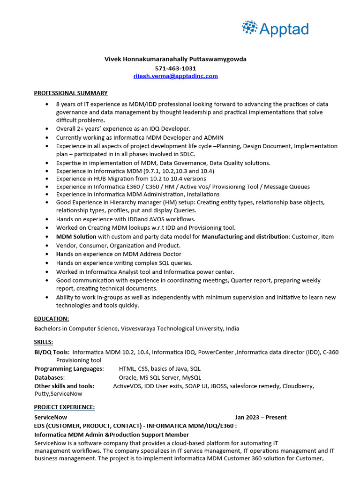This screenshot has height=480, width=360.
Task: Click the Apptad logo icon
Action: click(250, 28)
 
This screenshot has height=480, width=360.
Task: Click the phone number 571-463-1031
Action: click(175, 68)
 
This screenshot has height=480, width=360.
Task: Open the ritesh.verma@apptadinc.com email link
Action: click(175, 76)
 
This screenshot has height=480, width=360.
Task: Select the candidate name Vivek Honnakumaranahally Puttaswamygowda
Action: click(175, 59)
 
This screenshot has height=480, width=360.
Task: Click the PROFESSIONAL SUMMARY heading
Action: click(71, 93)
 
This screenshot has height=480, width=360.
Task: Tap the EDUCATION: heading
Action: click(52, 319)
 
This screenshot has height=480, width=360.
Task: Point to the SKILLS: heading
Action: click(44, 342)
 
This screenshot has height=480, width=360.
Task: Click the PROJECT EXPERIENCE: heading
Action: click(64, 407)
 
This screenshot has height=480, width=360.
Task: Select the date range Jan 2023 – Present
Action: click(261, 417)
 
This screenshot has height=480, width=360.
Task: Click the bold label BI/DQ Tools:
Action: click(52, 352)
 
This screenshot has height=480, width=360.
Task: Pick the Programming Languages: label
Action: click(69, 369)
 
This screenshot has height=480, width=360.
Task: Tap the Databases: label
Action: click(50, 377)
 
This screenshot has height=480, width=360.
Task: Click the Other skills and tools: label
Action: click(64, 386)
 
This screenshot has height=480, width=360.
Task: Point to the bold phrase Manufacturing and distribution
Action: click(246, 237)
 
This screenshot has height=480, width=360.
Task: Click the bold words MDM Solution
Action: click(76, 237)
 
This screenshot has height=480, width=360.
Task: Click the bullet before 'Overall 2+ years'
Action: click(47, 129)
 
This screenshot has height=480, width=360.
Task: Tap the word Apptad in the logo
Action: click(285, 29)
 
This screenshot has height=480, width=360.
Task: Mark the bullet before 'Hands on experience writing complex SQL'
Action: click(47, 263)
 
